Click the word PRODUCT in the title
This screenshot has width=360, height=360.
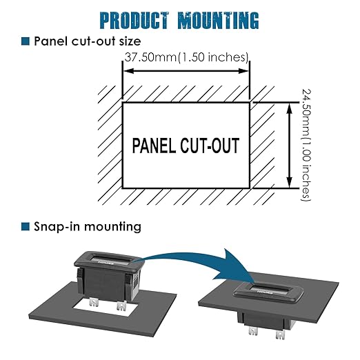click(x=134, y=21)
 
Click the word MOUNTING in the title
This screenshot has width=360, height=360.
click(x=219, y=21)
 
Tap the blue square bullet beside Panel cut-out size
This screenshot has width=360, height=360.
click(x=26, y=41)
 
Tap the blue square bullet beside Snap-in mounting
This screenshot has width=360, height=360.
click(x=26, y=226)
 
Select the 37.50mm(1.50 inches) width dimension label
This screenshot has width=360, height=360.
click(x=186, y=57)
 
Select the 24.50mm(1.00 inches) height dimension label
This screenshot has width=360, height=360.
click(x=306, y=145)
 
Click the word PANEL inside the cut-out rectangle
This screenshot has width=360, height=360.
click(x=154, y=146)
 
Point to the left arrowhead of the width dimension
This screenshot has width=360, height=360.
click(x=128, y=71)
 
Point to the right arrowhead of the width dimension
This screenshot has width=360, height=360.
click(x=243, y=71)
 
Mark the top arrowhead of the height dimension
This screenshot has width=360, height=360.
click(x=290, y=108)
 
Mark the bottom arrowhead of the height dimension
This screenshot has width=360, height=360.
click(x=290, y=183)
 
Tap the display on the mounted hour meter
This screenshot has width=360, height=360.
click(x=268, y=290)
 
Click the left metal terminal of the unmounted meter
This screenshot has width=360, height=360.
click(x=94, y=302)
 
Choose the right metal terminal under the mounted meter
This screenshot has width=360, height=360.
click(x=281, y=334)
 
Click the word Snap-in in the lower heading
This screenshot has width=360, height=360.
click(x=57, y=227)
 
